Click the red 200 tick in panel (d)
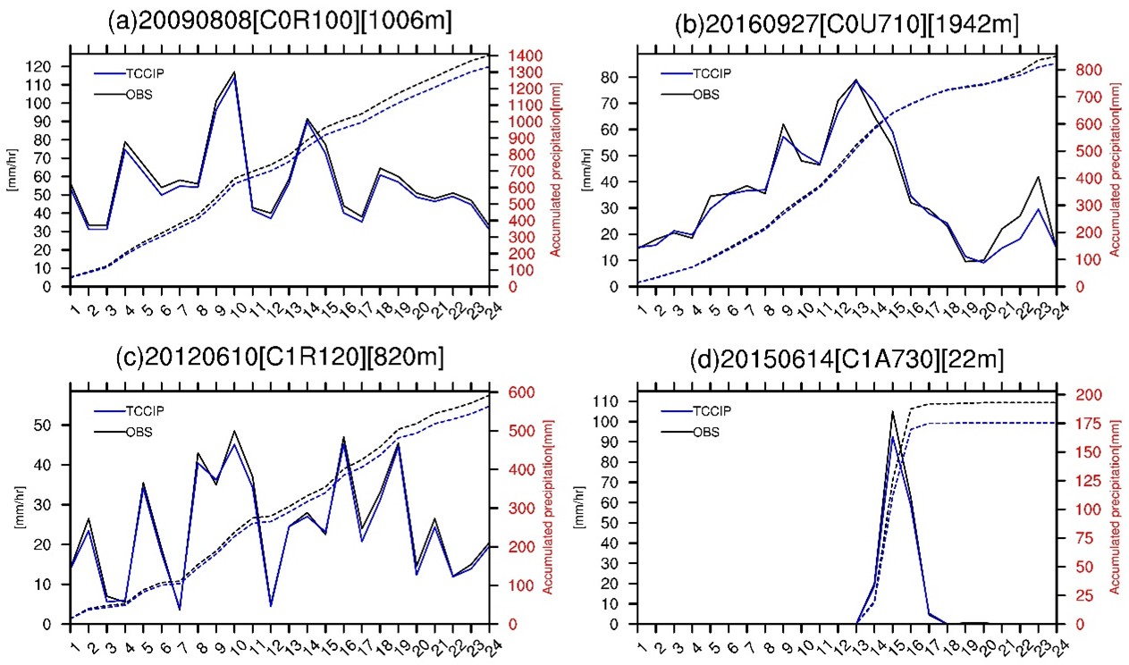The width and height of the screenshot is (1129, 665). coord(1071,395)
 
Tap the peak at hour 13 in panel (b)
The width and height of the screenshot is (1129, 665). coord(855,80)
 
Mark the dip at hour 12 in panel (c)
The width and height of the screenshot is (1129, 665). coord(271,606)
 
